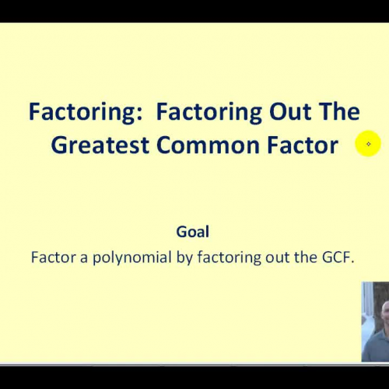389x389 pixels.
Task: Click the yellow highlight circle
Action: [x=368, y=144]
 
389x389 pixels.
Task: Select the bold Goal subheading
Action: [x=193, y=232]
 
